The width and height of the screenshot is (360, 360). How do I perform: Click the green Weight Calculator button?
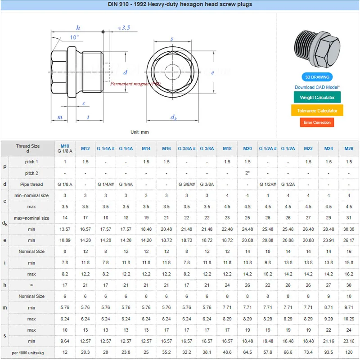click(317, 97)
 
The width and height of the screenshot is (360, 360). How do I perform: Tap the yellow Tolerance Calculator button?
click(317, 110)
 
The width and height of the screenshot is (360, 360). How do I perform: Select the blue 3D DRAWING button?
click(317, 77)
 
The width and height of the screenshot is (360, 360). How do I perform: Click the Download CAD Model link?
click(317, 87)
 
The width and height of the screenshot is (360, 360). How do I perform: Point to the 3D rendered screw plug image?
click(317, 49)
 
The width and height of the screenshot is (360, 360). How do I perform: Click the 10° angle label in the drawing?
click(74, 37)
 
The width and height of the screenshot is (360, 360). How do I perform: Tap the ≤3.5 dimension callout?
click(123, 28)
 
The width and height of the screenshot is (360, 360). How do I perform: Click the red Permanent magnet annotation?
click(135, 84)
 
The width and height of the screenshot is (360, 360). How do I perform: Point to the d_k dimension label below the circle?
click(173, 117)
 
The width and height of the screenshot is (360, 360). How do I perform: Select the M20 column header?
click(247, 148)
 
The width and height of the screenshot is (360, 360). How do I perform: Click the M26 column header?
click(349, 148)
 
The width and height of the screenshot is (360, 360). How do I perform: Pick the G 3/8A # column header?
click(186, 148)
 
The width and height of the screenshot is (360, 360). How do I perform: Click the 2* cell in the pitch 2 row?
click(247, 173)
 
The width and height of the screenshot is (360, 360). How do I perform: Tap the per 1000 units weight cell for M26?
click(349, 352)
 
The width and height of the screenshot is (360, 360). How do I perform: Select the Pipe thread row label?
click(31, 184)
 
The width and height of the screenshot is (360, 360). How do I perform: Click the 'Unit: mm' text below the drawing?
click(139, 132)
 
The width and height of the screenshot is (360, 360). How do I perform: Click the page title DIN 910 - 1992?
click(180, 4)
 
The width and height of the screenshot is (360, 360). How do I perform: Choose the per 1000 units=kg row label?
click(28, 352)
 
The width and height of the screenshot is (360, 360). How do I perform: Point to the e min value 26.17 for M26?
click(349, 240)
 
